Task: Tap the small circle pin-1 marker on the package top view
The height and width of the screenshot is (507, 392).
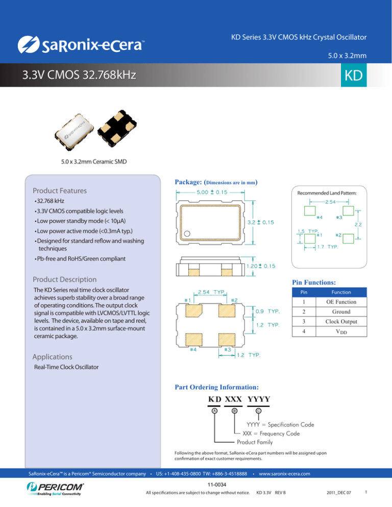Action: coord(187,234)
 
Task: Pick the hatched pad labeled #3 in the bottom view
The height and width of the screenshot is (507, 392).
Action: coord(226,339)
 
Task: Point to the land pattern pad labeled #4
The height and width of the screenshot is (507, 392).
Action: coord(310,211)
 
